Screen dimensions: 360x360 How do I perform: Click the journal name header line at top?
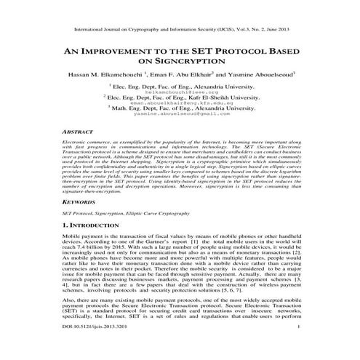click(180, 32)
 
